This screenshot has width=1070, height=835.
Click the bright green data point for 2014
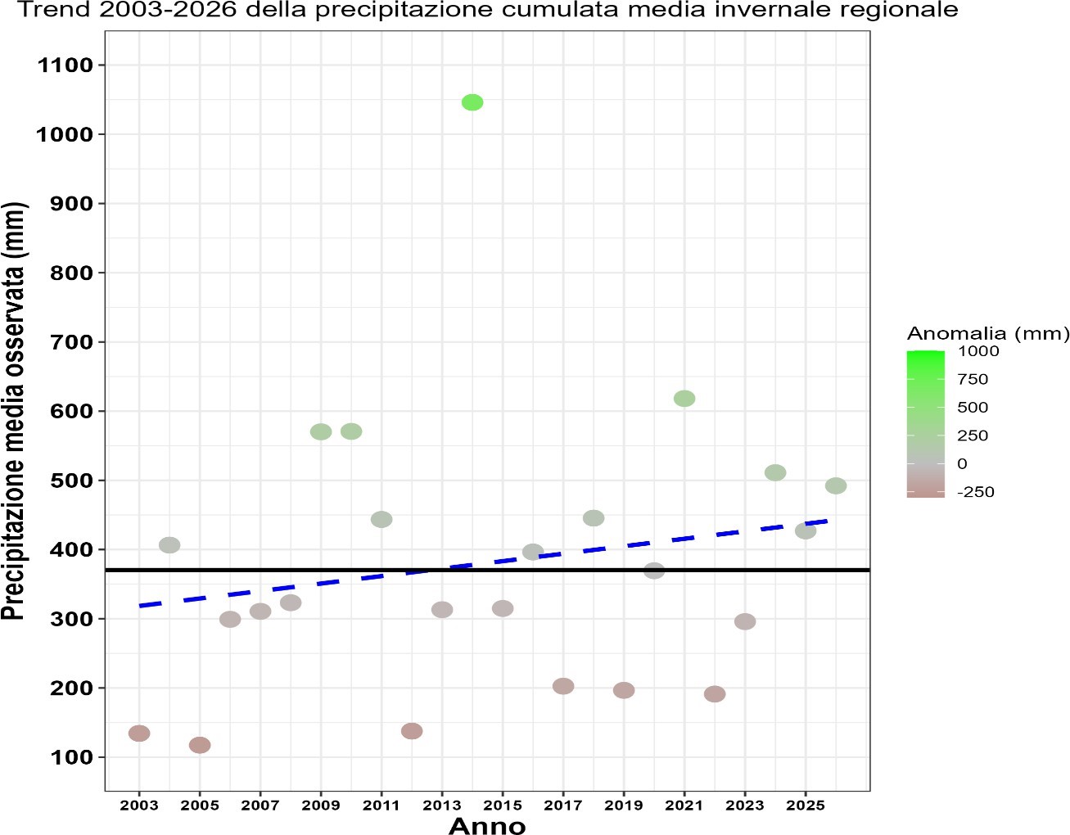[x=472, y=102]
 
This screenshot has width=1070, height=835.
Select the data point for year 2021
[x=684, y=399]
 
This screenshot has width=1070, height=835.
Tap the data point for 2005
[x=200, y=745]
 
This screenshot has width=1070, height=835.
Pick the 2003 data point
[x=139, y=733]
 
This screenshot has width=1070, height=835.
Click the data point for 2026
[x=836, y=486]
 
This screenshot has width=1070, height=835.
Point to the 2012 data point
[x=412, y=731]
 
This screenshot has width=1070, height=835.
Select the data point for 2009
[x=321, y=431]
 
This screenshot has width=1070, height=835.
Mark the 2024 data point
[x=775, y=473]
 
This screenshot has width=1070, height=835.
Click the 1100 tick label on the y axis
[x=65, y=65]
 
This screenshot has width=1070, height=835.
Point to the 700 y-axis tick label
[x=71, y=342]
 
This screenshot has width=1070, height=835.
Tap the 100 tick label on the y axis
[x=71, y=757]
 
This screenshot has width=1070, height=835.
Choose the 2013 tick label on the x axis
[x=442, y=806]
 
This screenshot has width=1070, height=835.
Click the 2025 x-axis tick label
[x=806, y=806]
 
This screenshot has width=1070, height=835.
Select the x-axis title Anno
[x=487, y=825]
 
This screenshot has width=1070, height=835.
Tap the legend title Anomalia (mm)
[x=988, y=333]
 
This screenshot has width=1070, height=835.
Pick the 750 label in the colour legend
[x=973, y=379]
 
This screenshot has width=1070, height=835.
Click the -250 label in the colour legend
[x=975, y=492]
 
